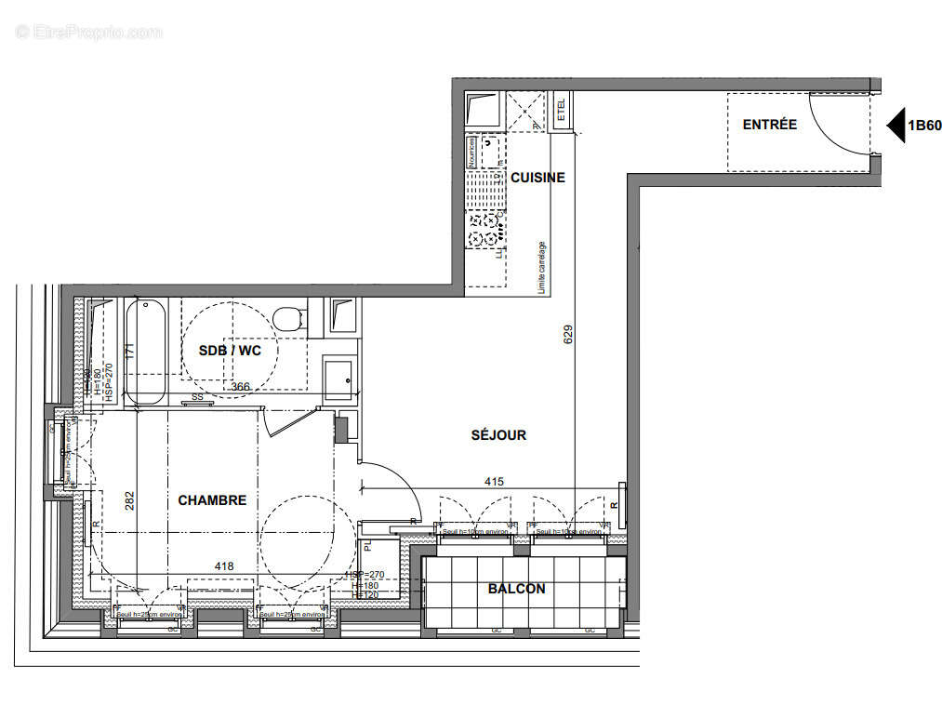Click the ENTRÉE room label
[x=769, y=125]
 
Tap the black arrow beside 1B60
[x=895, y=126]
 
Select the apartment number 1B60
[x=924, y=126]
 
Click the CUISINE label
[x=537, y=178]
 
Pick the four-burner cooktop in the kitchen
[x=484, y=229]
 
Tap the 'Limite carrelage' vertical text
[x=542, y=268]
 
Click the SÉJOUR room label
[x=498, y=434]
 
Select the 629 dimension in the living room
[x=568, y=335]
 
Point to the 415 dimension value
[x=495, y=482]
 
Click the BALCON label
[x=516, y=589]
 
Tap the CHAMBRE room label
[x=212, y=500]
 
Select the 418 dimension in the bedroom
[x=224, y=565]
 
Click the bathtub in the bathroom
[x=146, y=352]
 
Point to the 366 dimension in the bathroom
[x=241, y=386]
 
